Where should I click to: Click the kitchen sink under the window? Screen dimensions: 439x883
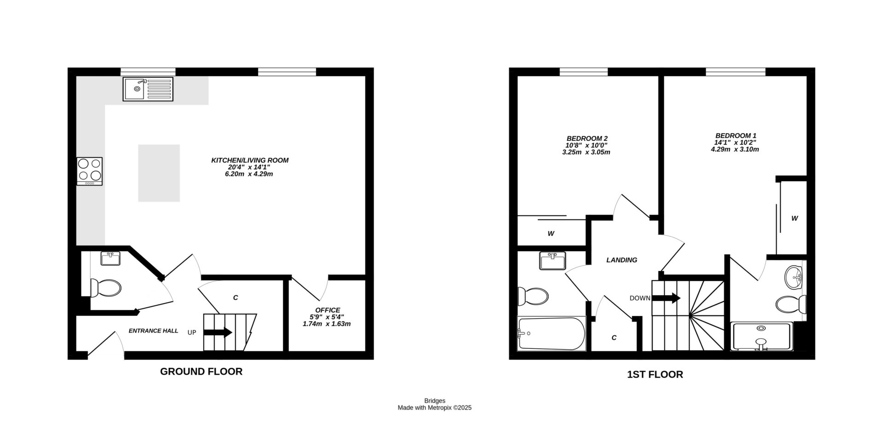(x=148, y=89)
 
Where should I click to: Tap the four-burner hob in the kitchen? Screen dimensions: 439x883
(x=90, y=171)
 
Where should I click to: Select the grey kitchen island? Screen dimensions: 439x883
(x=159, y=173)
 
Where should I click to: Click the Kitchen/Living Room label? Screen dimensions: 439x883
(x=250, y=160)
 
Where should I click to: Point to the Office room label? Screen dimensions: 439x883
(x=327, y=310)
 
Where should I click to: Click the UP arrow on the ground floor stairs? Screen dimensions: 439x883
(x=218, y=332)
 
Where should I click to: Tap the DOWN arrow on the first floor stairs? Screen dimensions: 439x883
(x=666, y=298)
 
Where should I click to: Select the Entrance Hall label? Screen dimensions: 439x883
(x=153, y=331)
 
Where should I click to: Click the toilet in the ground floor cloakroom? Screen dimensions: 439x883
(x=106, y=288)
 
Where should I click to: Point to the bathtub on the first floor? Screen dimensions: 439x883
(x=551, y=334)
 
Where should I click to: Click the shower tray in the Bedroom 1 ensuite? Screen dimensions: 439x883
(x=762, y=337)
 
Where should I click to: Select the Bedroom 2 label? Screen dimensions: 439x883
(x=587, y=138)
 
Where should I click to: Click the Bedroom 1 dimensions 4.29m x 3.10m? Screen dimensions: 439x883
(x=734, y=149)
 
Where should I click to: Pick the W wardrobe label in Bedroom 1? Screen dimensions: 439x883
(x=794, y=219)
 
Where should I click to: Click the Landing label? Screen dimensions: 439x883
(x=622, y=260)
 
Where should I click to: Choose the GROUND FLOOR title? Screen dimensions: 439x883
(x=201, y=371)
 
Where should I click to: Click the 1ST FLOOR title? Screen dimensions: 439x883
(x=655, y=375)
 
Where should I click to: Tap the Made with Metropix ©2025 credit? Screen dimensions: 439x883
(x=435, y=408)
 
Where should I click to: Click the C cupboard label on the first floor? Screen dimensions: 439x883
(x=614, y=338)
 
